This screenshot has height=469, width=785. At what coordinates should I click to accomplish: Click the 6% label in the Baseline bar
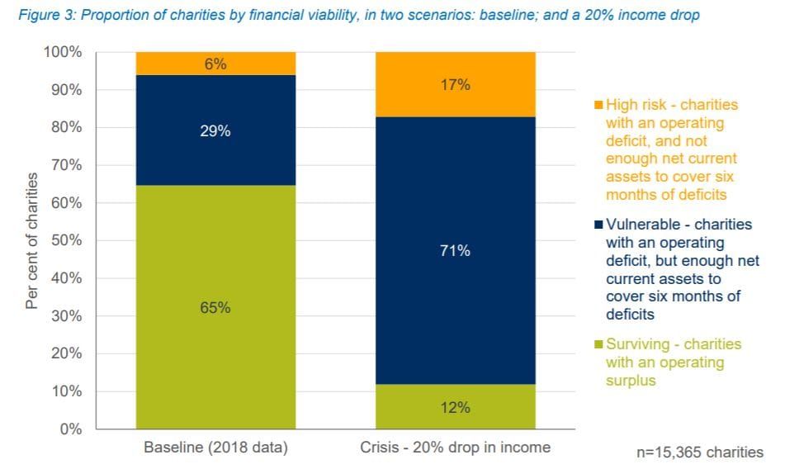pyautogui.click(x=215, y=64)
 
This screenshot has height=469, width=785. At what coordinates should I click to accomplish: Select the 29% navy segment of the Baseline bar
pyautogui.click(x=215, y=130)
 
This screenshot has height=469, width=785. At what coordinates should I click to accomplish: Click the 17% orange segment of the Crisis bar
pyautogui.click(x=455, y=85)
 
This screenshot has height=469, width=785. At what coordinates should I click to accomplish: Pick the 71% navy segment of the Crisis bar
pyautogui.click(x=455, y=250)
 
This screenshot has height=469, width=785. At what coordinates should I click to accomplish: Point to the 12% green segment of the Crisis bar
pyautogui.click(x=455, y=407)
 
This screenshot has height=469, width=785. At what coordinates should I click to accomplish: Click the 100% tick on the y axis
pyautogui.click(x=64, y=52)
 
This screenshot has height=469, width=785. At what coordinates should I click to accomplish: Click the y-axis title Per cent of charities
pyautogui.click(x=32, y=240)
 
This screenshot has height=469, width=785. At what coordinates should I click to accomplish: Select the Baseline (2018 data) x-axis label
pyautogui.click(x=215, y=448)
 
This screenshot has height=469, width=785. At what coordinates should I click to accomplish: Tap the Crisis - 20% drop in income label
pyautogui.click(x=455, y=448)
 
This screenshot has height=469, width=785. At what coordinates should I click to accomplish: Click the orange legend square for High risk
pyautogui.click(x=598, y=106)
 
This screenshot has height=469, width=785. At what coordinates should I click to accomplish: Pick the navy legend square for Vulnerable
pyautogui.click(x=598, y=225)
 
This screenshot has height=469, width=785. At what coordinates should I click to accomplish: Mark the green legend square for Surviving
pyautogui.click(x=598, y=344)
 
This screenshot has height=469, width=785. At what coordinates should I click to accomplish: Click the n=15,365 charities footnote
pyautogui.click(x=698, y=452)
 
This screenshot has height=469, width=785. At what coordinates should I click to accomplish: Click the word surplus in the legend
pyautogui.click(x=631, y=381)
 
